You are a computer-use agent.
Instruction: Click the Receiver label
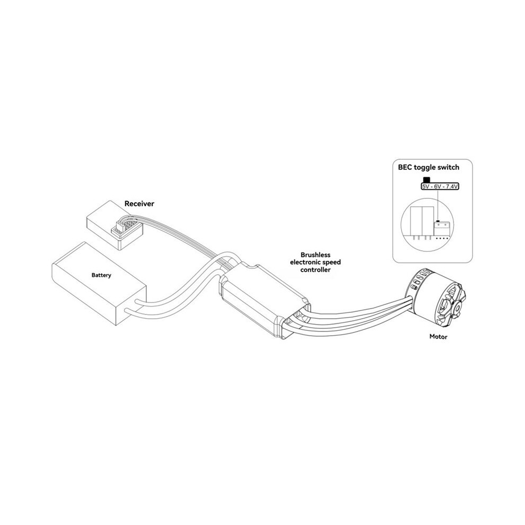139,204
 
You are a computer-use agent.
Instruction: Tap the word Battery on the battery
101,275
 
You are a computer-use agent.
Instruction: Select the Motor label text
438,337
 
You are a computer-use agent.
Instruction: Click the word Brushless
316,255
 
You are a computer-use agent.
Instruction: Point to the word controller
316,270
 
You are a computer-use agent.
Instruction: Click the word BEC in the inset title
405,168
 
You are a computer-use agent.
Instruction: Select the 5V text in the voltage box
426,187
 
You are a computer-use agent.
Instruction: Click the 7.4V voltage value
451,187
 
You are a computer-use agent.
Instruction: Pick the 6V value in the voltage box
438,187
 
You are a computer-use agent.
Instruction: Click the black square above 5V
426,180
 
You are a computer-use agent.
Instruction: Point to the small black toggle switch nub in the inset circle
438,221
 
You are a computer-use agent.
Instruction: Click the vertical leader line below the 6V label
438,206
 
